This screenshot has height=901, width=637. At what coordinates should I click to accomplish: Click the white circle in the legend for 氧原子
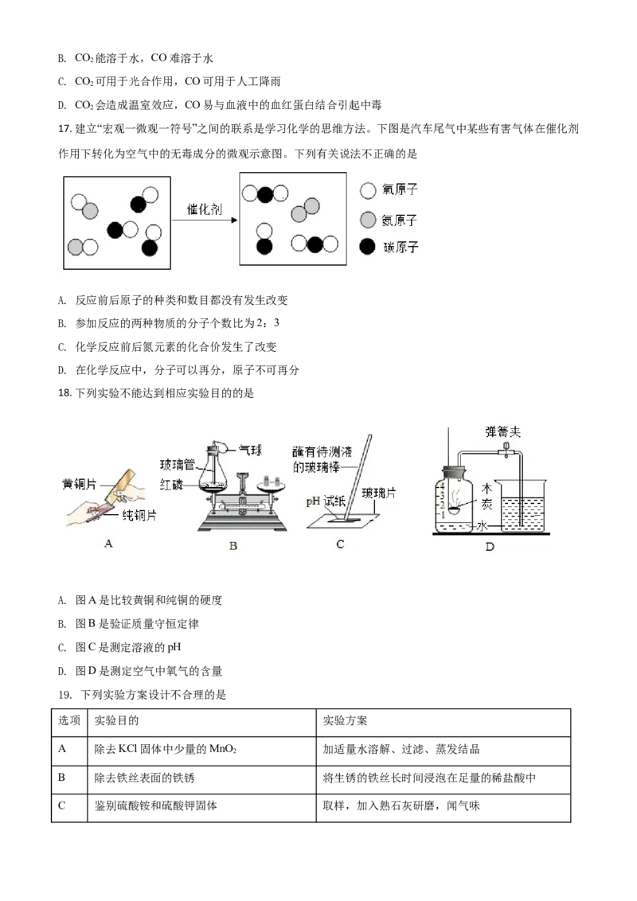367,191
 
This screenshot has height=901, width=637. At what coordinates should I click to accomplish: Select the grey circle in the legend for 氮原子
367,219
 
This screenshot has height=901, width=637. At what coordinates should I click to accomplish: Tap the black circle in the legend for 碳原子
367,247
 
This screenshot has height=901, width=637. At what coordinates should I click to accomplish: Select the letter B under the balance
233,545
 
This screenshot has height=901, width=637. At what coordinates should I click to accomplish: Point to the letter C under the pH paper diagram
340,544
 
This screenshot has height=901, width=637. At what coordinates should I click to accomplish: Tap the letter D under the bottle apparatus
490,546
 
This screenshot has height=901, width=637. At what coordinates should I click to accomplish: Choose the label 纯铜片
138,515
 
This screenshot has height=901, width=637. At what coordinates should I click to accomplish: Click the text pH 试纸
326,503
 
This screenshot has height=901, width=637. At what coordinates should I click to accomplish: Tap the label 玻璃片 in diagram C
379,493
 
